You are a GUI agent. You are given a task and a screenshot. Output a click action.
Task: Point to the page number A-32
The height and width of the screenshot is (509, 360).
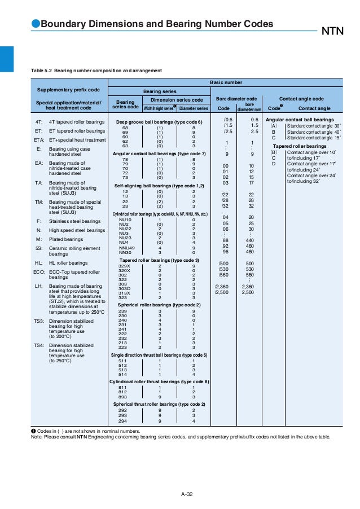click(187, 495)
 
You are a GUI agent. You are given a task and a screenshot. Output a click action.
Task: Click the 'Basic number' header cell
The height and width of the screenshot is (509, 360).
click(226, 82)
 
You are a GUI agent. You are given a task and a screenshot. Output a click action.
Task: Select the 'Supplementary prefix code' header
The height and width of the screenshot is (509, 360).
click(68, 90)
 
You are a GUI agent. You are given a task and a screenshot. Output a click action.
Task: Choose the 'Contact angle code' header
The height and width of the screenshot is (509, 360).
click(301, 99)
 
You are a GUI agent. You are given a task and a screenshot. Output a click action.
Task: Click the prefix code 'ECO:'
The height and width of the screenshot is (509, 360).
click(39, 271)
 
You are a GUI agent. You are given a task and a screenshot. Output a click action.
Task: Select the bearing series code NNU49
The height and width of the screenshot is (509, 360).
click(126, 247)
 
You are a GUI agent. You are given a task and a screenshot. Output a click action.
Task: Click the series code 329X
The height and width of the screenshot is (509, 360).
click(124, 266)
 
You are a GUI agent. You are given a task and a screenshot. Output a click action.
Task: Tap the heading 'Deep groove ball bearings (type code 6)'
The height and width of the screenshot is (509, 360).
click(159, 122)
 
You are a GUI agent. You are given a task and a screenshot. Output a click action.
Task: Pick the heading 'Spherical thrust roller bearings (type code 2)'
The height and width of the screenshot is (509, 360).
click(159, 404)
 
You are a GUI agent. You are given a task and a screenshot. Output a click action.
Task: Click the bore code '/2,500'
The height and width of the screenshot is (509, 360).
click(221, 292)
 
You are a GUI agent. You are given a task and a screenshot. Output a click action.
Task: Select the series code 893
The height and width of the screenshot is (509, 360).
click(122, 397)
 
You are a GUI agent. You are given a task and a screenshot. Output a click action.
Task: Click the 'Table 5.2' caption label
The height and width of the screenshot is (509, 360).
click(44, 71)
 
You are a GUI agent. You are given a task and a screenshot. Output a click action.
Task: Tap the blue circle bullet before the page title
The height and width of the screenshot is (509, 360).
click(35, 24)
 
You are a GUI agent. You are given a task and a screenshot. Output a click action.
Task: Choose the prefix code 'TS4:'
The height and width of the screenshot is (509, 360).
click(39, 345)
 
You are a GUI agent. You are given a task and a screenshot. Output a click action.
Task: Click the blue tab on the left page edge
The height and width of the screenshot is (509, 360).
click(6, 59)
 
